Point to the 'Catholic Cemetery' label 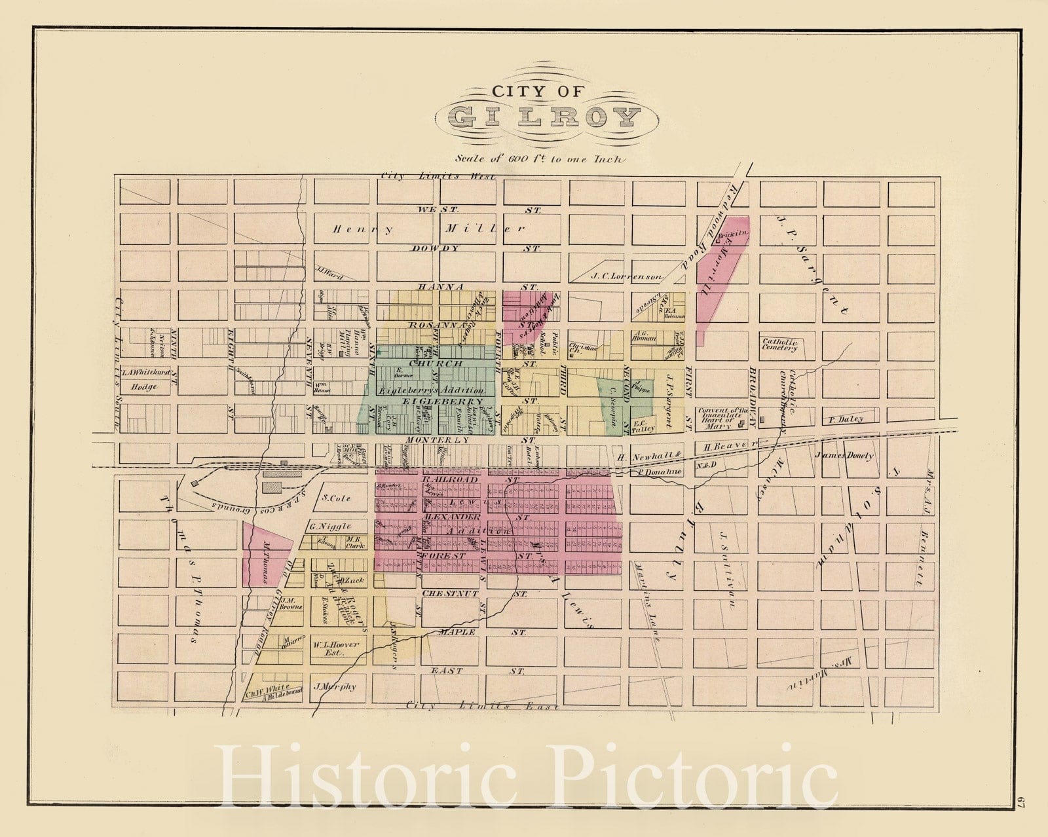tap(779, 344)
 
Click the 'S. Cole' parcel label tap(337, 498)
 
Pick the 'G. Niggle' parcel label tap(331, 526)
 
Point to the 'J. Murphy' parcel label tap(335, 687)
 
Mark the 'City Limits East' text tap(481, 706)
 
